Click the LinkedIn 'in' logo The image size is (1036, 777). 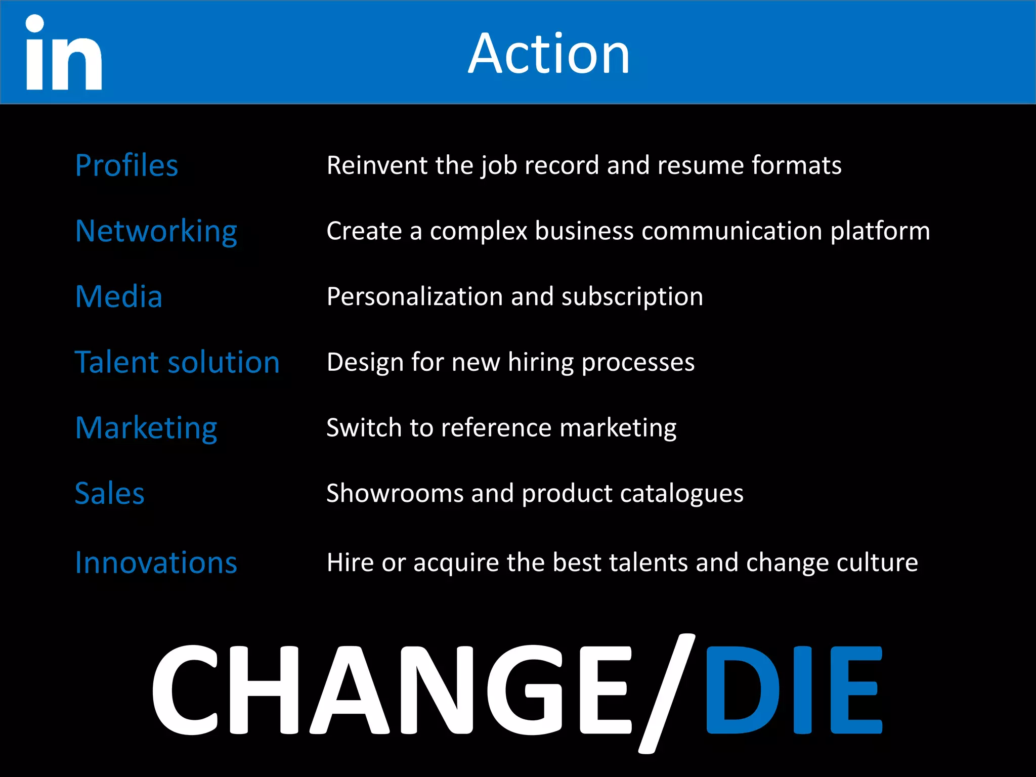pyautogui.click(x=64, y=53)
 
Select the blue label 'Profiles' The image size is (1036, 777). pyautogui.click(x=126, y=165)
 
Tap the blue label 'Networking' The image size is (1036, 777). pyautogui.click(x=156, y=232)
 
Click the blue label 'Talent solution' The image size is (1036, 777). pyautogui.click(x=177, y=362)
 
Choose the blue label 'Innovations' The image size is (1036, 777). pyautogui.click(x=156, y=563)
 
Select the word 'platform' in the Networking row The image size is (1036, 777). pyautogui.click(x=880, y=232)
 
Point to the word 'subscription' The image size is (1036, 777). pyautogui.click(x=632, y=297)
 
